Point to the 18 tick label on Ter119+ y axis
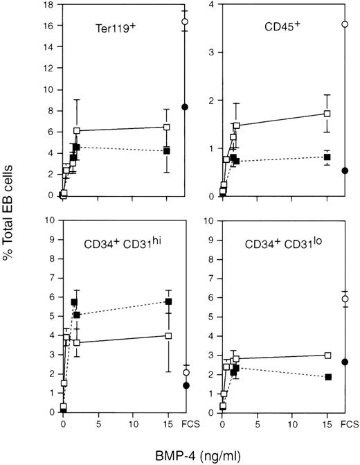(x=48, y=6)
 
